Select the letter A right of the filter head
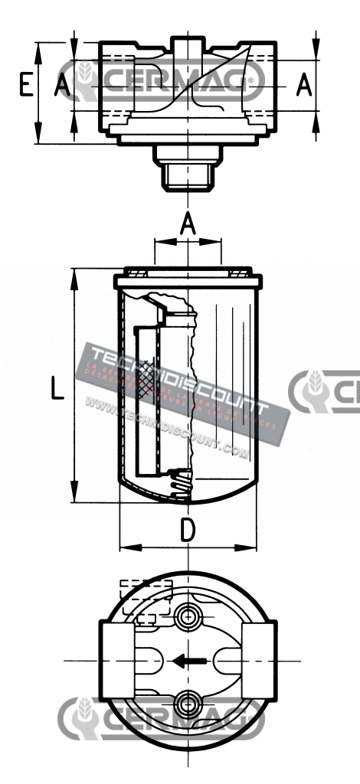(304, 85)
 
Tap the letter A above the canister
(188, 224)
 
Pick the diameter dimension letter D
(188, 530)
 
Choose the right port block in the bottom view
(258, 660)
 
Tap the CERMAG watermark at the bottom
(161, 720)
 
